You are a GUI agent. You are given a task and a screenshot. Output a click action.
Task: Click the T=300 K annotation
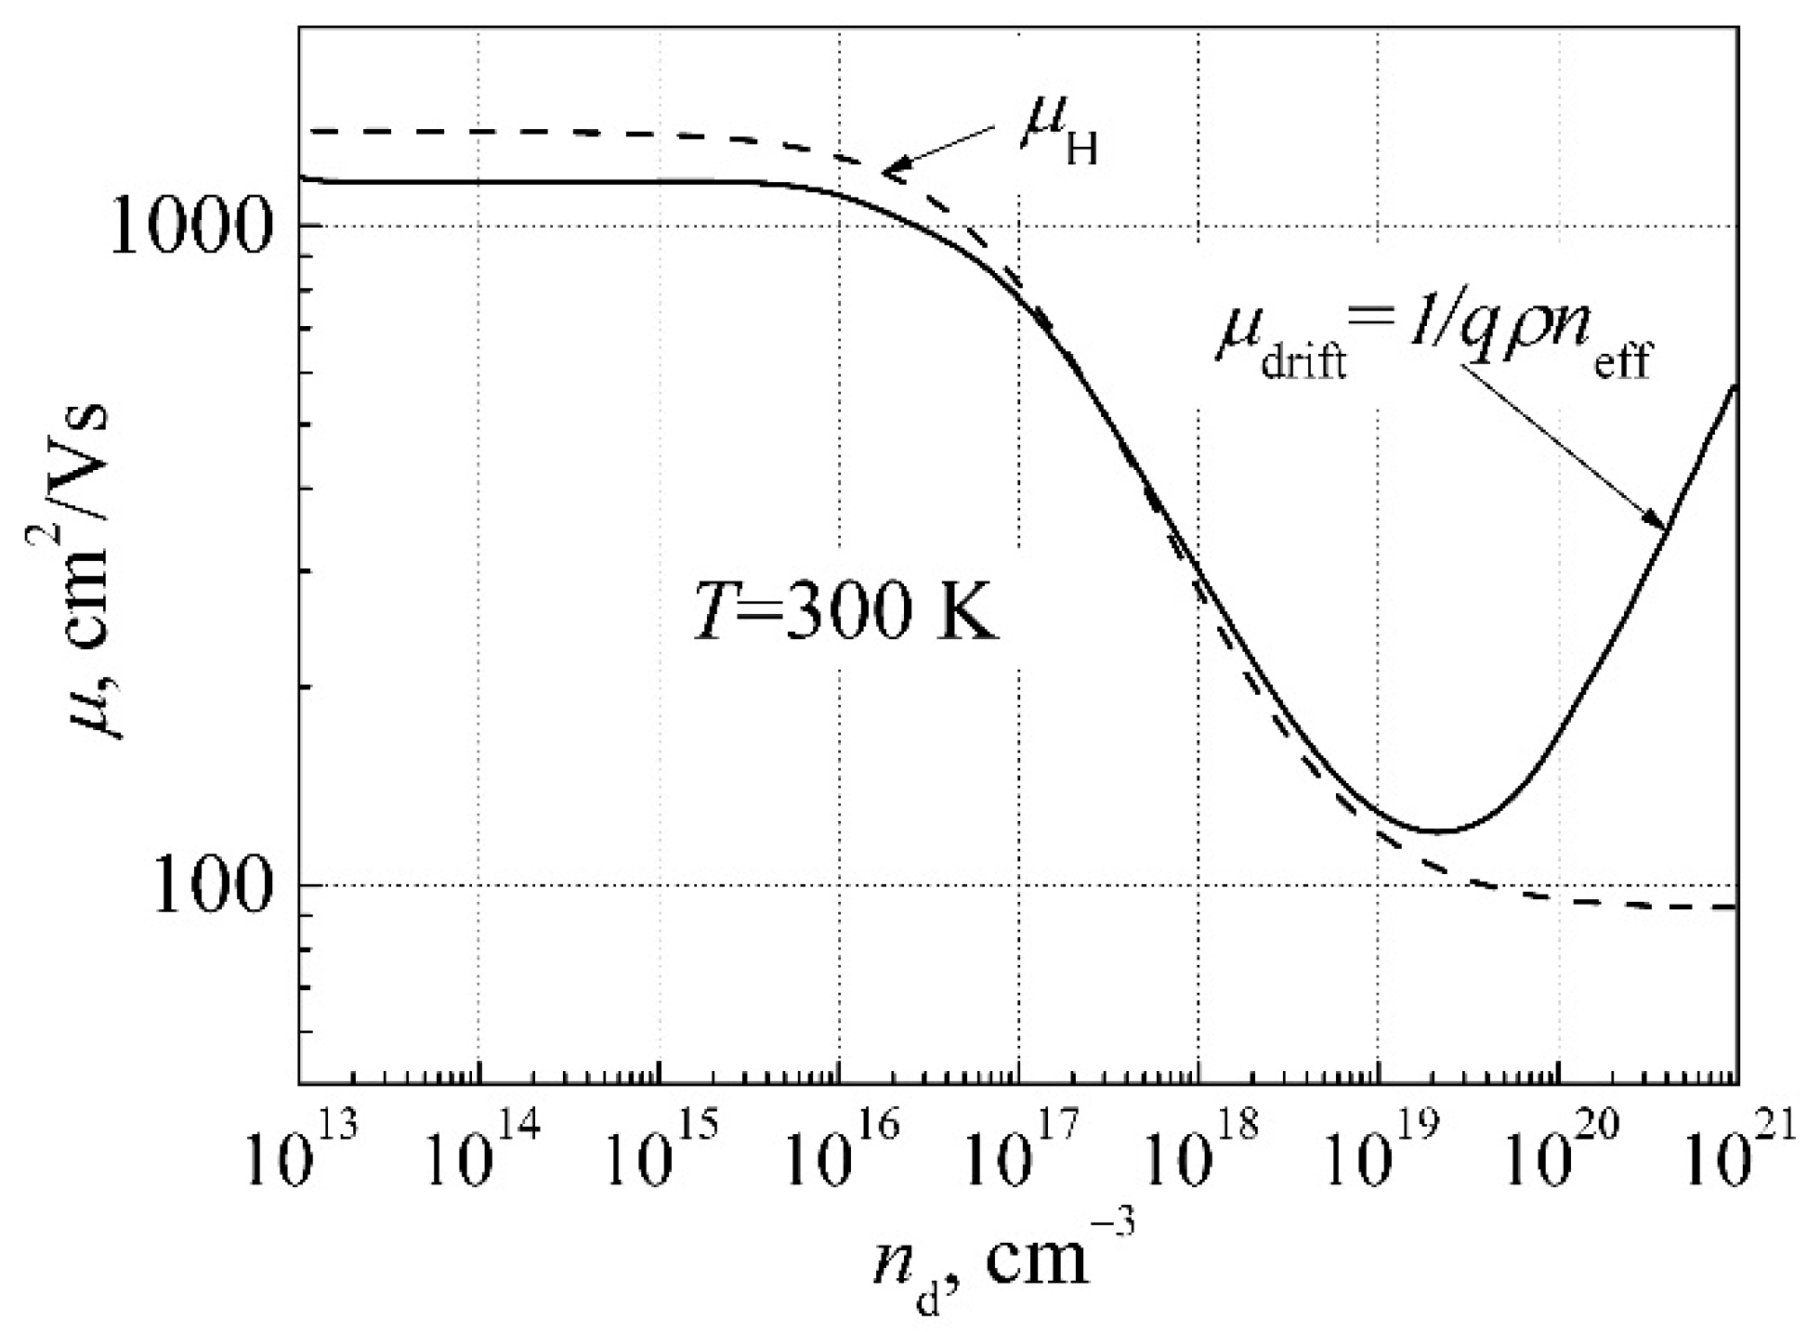846,614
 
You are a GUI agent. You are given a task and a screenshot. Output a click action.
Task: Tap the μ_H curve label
1058,135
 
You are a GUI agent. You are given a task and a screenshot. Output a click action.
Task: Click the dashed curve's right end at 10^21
1734,907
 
